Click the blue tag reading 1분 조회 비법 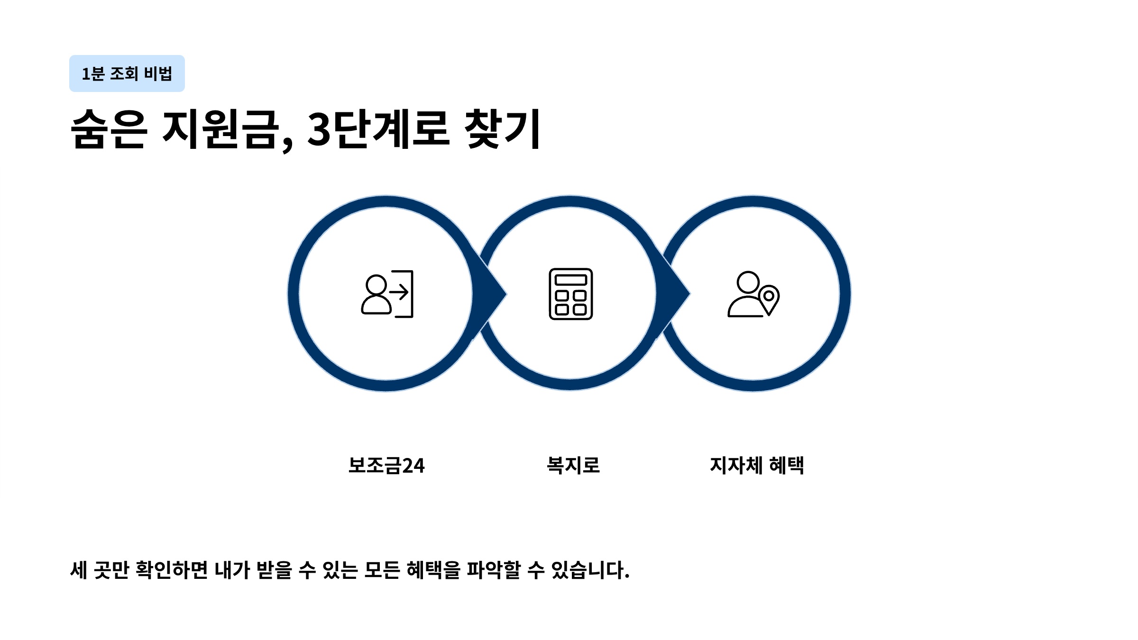tap(127, 73)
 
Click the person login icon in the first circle tap(387, 294)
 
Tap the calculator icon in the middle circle tap(570, 294)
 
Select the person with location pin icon tap(753, 294)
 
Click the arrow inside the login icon tap(399, 292)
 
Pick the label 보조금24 tap(386, 465)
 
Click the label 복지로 tap(573, 465)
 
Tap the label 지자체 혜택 tap(757, 465)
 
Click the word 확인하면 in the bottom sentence tap(172, 570)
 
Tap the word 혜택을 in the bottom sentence tap(433, 570)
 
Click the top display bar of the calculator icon tap(570, 280)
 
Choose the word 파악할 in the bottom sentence tap(494, 570)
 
